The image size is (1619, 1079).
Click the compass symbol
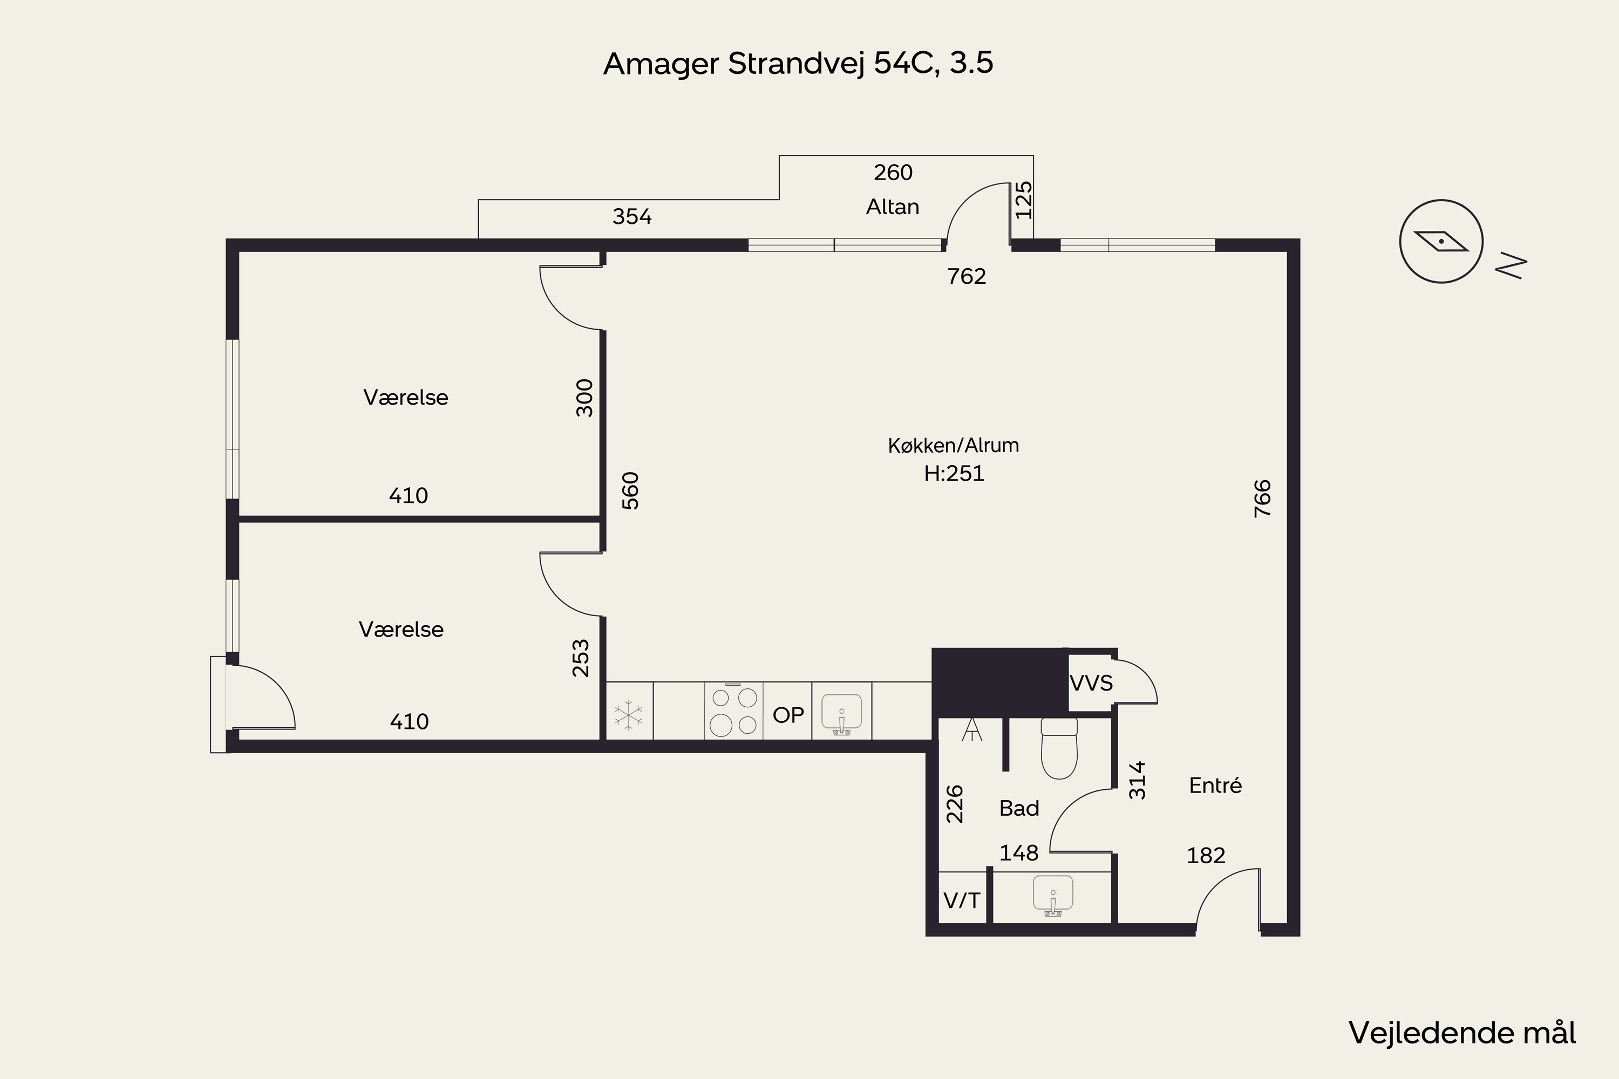1441,242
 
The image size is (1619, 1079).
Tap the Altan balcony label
892,207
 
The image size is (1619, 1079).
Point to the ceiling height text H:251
954,474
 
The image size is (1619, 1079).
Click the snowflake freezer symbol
629,714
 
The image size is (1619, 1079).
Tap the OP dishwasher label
788,715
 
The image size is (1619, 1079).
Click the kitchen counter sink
841,714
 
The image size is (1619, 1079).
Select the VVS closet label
1091,684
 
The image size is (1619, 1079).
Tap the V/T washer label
961,900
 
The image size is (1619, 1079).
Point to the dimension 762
967,276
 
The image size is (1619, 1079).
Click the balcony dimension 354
632,217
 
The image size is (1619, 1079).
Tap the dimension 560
630,490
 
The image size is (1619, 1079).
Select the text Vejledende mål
1462,1033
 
